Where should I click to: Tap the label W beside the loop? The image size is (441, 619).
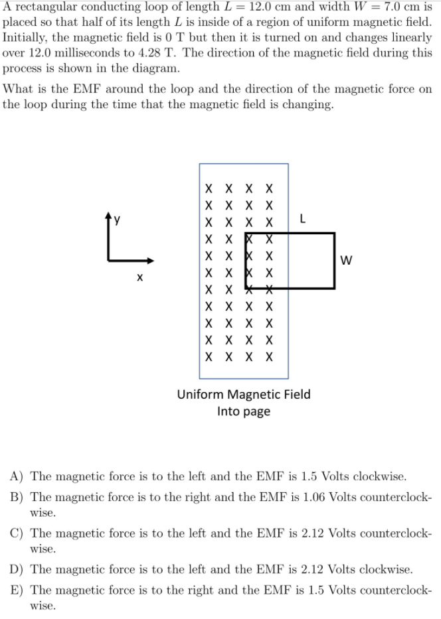tap(346, 260)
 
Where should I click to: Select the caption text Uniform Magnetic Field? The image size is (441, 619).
tap(243, 395)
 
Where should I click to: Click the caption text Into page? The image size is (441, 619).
tap(243, 411)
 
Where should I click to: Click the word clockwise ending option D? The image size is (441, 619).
tap(387, 569)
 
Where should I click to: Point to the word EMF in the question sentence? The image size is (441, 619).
tap(103, 89)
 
